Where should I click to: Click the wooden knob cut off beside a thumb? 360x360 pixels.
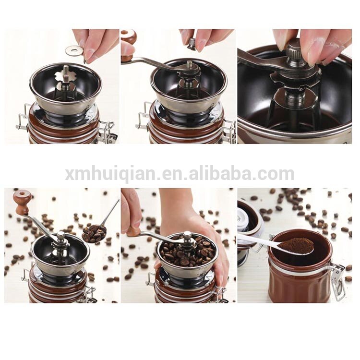(128, 39)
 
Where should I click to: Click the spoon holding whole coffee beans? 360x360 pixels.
(94, 233)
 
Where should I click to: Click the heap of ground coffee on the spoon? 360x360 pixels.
(297, 246)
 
